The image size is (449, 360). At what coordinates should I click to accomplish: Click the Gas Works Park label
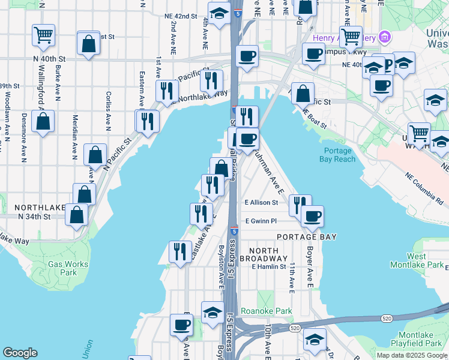click(68, 268)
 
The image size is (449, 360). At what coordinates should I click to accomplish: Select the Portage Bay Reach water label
click(340, 155)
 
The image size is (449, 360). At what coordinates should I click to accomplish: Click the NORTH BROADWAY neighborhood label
click(259, 254)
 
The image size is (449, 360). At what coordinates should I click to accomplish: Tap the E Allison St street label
click(261, 203)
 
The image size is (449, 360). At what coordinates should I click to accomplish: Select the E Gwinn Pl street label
click(261, 221)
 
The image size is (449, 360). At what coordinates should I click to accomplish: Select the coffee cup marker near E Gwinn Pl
click(312, 216)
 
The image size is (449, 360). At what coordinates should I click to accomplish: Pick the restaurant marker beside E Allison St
click(300, 204)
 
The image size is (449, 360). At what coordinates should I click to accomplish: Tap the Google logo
click(20, 353)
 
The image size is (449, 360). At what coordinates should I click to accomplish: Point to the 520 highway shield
click(294, 329)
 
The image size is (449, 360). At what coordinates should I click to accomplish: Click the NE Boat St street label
click(315, 119)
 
